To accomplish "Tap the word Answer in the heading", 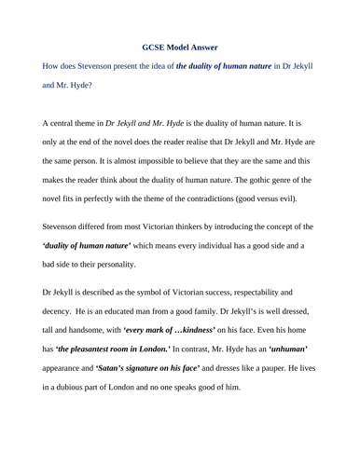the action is (x=208, y=46).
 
